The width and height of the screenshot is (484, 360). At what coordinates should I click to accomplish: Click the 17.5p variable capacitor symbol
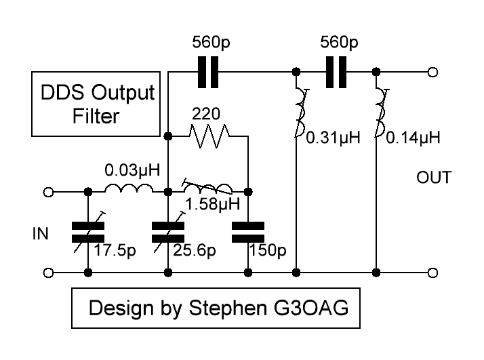88,233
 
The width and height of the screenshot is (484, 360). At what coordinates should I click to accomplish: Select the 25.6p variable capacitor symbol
167,233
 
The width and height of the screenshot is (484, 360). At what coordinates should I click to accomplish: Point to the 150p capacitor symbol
248,232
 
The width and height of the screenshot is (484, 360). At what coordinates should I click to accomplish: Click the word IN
40,234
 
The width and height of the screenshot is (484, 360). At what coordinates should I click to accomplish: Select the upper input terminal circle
48,193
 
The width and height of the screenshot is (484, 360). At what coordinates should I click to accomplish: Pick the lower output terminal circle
432,273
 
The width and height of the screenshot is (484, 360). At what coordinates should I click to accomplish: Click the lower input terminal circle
48,273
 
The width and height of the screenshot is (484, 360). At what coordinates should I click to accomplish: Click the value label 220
207,114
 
